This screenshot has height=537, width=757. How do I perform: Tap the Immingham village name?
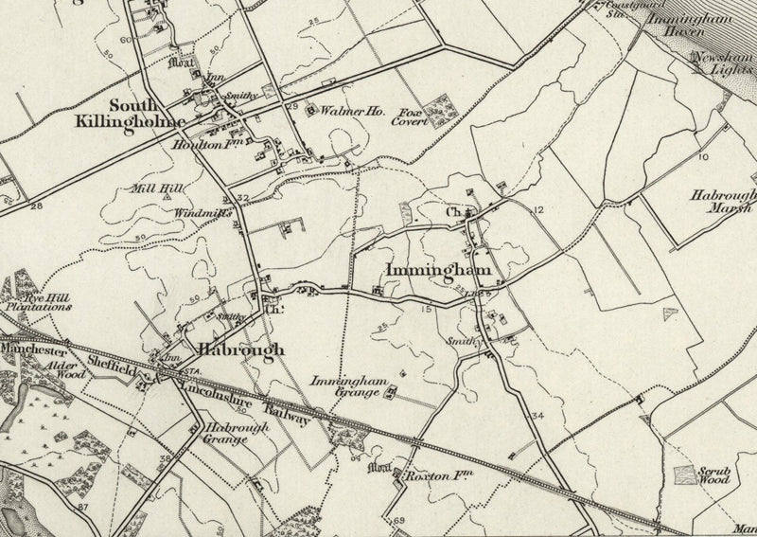(x=437, y=271)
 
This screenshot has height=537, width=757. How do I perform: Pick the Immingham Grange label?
(x=350, y=387)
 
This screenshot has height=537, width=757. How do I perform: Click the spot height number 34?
(x=538, y=417)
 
